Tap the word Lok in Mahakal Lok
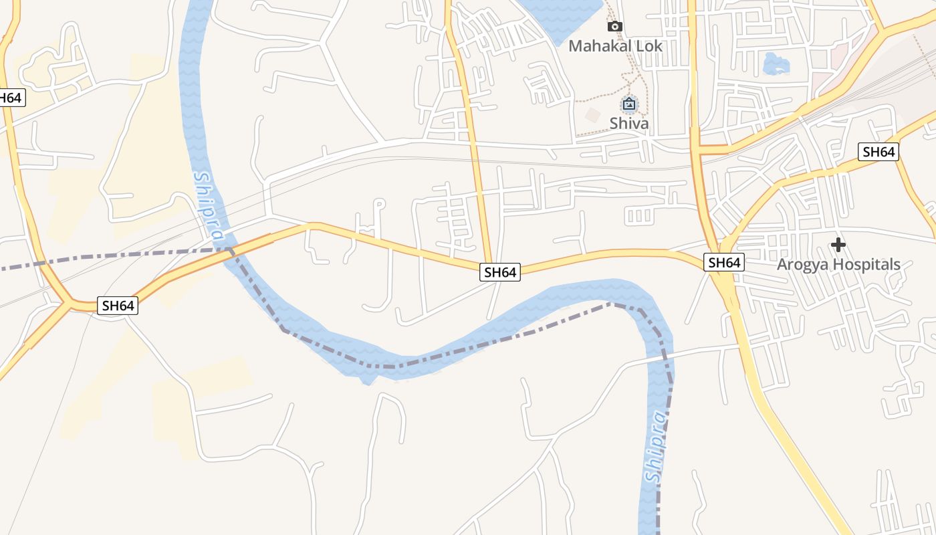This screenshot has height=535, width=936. pos(649,46)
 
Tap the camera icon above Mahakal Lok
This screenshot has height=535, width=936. pos(614,27)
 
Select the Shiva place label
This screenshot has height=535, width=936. pos(629,124)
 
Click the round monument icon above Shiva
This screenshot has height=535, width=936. pos(629,104)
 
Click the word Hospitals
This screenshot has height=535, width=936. pos(866,264)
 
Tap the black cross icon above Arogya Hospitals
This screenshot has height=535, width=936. pos(838,245)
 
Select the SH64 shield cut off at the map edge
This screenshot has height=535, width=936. pos(11,98)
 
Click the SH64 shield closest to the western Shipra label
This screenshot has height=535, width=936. pos(118,306)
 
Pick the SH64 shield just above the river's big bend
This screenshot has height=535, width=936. pos(500,272)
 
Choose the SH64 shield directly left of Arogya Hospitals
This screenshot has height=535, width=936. pos(724,262)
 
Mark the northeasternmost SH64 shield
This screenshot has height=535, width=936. pos(879,152)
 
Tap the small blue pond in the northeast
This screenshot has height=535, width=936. pos(776,64)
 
